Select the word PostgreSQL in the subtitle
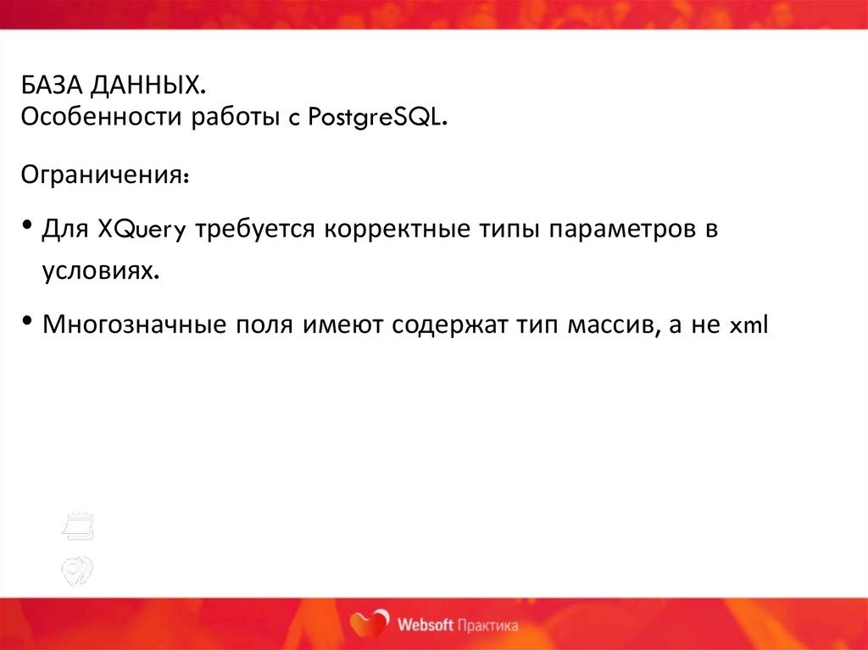click(377, 119)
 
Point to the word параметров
click(617, 231)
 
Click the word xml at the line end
click(748, 326)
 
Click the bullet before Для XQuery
click(28, 227)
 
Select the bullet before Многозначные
click(28, 323)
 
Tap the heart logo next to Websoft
click(370, 625)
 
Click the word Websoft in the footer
click(424, 625)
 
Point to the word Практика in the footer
click(487, 625)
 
